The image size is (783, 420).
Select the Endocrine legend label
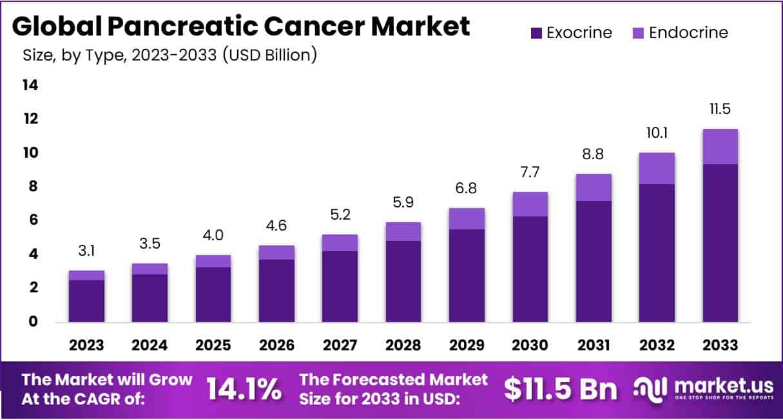tap(688, 33)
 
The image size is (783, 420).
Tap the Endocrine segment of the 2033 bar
tap(720, 147)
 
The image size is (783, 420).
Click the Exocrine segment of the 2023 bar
tap(86, 301)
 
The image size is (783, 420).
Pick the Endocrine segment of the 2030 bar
tap(530, 204)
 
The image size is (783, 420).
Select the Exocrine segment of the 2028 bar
tap(403, 282)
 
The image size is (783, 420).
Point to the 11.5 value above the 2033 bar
tap(720, 110)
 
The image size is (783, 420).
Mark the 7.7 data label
tap(530, 173)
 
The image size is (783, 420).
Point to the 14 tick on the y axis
tap(30, 85)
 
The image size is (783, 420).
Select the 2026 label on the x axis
tap(276, 345)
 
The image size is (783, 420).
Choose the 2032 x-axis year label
tap(657, 345)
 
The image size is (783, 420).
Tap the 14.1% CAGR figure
tap(244, 388)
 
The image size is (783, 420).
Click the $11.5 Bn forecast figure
tap(560, 388)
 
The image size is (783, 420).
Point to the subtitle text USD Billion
tap(269, 55)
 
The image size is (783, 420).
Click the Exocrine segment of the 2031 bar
tap(593, 262)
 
